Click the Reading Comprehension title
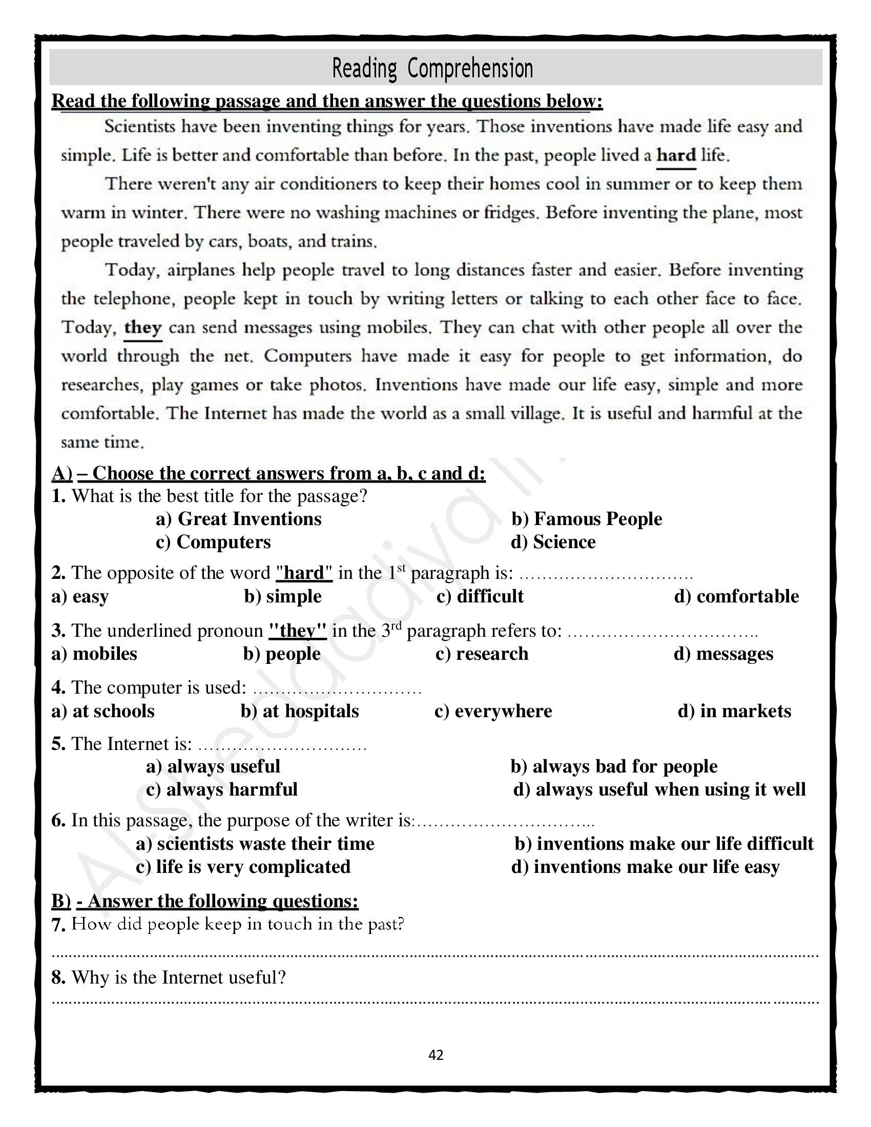point(432,69)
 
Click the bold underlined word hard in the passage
point(676,155)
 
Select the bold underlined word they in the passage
point(143,327)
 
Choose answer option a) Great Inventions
point(238,518)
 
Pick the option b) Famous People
point(587,518)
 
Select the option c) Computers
point(213,542)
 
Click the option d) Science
point(553,542)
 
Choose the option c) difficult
point(480,596)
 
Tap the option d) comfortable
point(736,596)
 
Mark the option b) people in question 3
point(282,654)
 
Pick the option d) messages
point(723,654)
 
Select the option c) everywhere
point(493,711)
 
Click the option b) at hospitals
point(300,711)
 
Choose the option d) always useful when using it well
point(659,789)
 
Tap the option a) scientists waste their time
point(255,844)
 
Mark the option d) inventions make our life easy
point(645,867)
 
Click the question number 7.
point(58,925)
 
